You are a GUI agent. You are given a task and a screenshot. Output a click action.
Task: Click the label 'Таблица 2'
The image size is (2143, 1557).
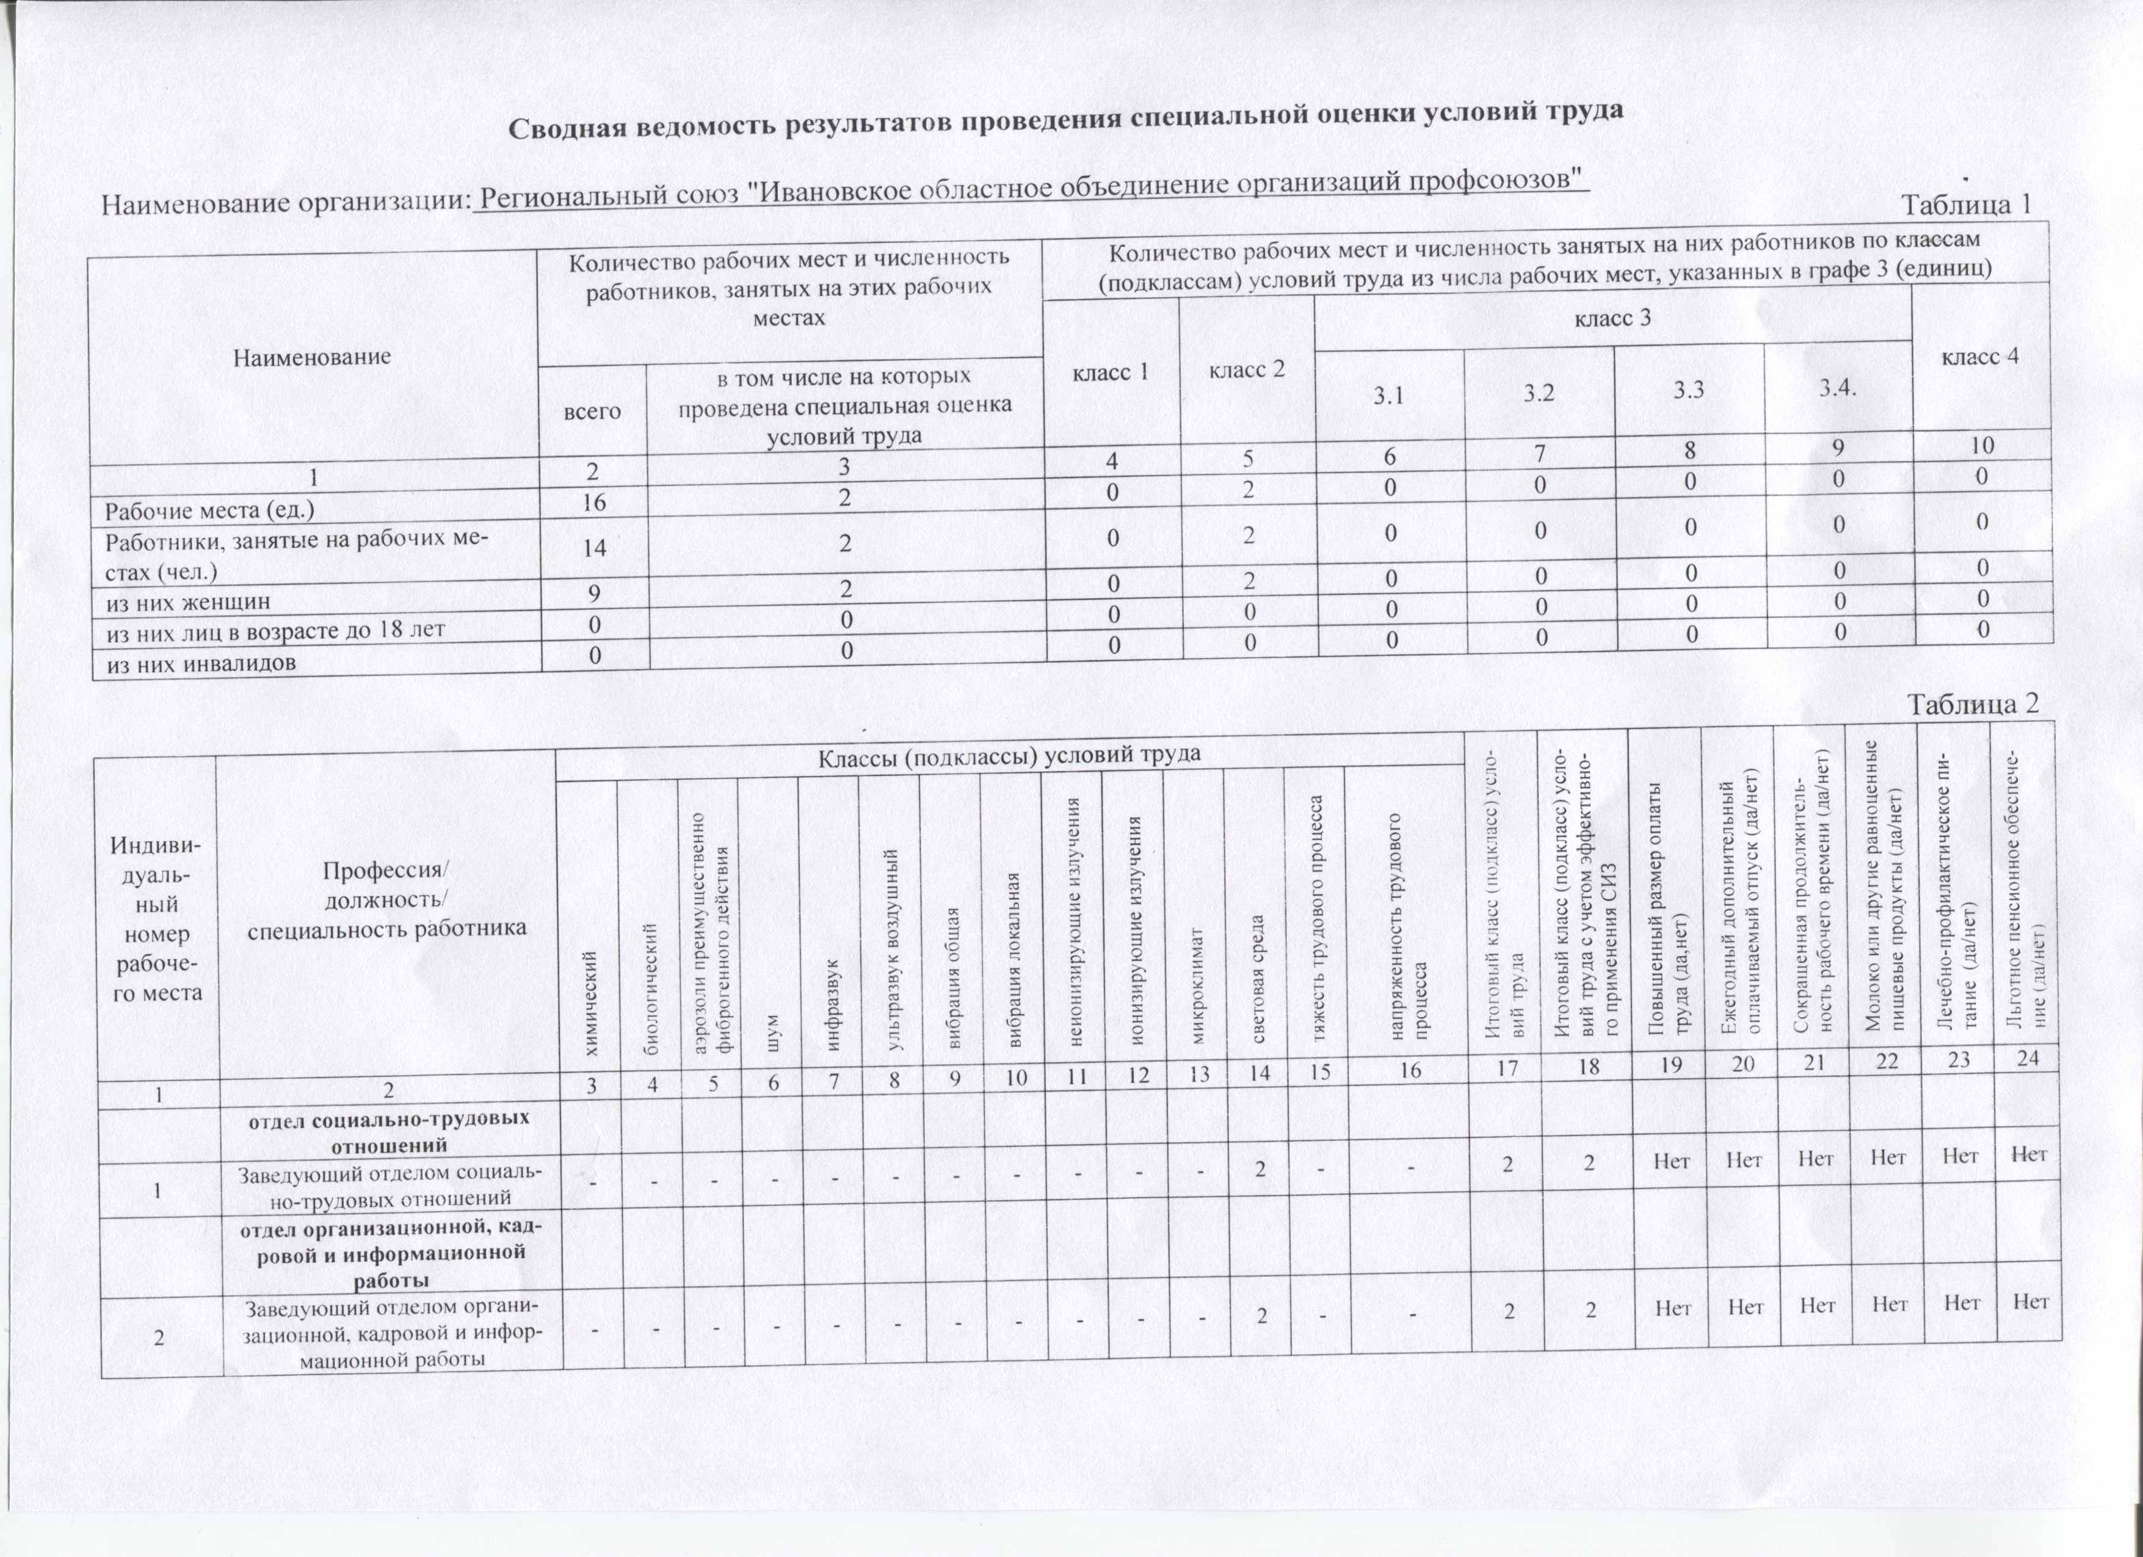(x=1971, y=704)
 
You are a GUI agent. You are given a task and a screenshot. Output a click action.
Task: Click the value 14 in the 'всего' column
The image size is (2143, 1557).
(x=593, y=548)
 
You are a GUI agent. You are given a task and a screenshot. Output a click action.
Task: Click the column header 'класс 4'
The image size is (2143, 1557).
(x=1979, y=356)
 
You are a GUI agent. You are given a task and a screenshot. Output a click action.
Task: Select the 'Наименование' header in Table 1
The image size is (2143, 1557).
(x=312, y=357)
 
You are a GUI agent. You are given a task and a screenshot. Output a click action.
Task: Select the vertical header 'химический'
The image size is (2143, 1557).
(x=592, y=1001)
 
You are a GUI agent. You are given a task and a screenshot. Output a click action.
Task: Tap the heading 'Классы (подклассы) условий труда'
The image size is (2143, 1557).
(x=1008, y=753)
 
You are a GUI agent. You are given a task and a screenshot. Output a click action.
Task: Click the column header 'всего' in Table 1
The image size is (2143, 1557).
(x=592, y=411)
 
